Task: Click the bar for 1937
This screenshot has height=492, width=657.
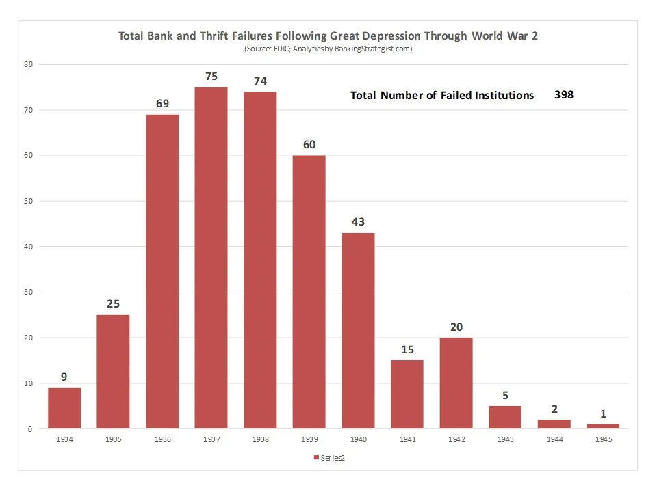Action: pos(211,258)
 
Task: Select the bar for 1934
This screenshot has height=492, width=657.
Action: pos(64,408)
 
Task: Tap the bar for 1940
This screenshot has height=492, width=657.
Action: pos(358,331)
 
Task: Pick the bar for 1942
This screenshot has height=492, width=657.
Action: pos(456,383)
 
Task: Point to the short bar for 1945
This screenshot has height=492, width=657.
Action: pos(603,426)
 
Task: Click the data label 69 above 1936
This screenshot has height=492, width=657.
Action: pos(162,104)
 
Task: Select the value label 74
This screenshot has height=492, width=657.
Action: pos(260,81)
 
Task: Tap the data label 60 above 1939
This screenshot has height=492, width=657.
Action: pos(309,145)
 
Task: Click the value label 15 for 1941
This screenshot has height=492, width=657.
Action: pos(407,350)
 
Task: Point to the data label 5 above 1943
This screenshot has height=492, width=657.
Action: pos(505,395)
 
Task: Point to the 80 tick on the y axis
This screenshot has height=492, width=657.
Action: pos(28,64)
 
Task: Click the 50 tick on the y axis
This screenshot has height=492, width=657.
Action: pos(28,201)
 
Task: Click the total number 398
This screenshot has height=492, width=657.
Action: pos(564,95)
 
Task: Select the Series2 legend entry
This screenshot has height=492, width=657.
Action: pos(333,457)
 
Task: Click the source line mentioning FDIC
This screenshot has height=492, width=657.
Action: pos(328,49)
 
